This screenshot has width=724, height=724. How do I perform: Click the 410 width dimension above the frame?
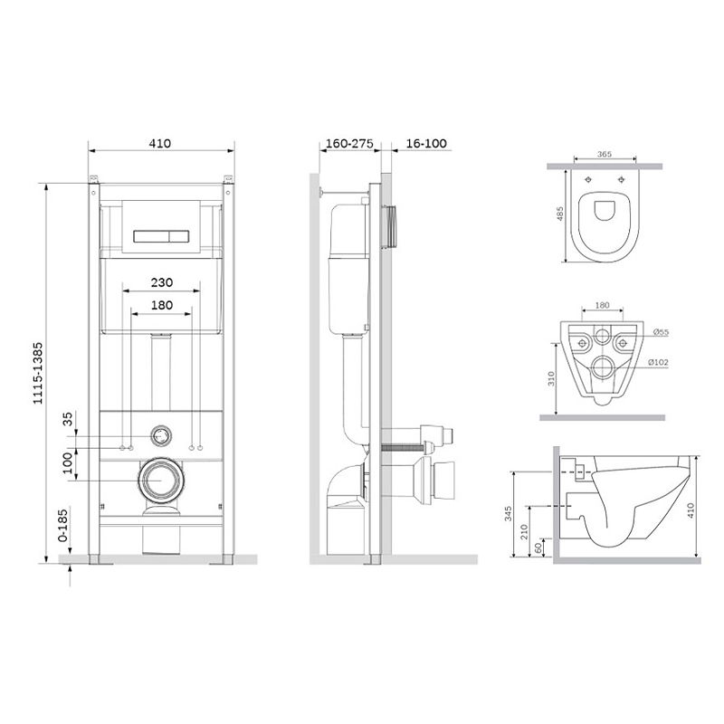pyautogui.click(x=160, y=143)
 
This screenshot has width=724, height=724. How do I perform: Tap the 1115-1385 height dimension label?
pyautogui.click(x=37, y=373)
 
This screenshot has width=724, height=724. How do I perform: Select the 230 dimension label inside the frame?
pyautogui.click(x=162, y=282)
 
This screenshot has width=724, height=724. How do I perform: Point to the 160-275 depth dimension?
pyautogui.click(x=349, y=143)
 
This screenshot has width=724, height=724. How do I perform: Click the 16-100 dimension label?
pyautogui.click(x=426, y=143)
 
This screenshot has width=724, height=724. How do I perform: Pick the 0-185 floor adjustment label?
pyautogui.click(x=62, y=525)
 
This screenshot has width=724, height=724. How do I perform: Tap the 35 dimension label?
pyautogui.click(x=67, y=419)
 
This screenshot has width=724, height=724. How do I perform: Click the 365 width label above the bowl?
pyautogui.click(x=604, y=154)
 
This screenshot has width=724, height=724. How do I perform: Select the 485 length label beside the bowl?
pyautogui.click(x=559, y=214)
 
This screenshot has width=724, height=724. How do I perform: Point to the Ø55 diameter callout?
pyautogui.click(x=661, y=332)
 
